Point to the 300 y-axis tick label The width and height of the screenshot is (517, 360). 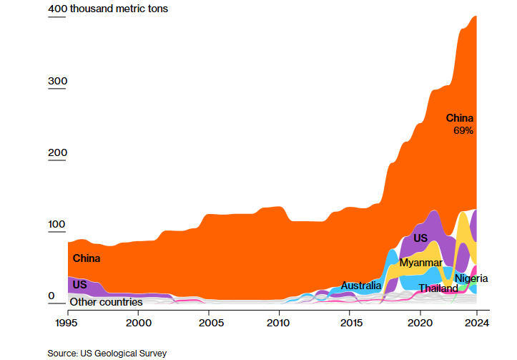pyautogui.click(x=57, y=82)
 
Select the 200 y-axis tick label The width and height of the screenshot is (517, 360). pyautogui.click(x=57, y=153)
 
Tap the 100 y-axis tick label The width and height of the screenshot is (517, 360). pyautogui.click(x=57, y=225)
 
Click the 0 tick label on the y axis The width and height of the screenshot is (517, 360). pyautogui.click(x=51, y=296)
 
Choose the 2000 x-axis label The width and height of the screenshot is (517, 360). pyautogui.click(x=138, y=323)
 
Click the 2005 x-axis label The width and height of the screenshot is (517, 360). pyautogui.click(x=209, y=323)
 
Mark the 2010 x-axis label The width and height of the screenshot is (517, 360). pyautogui.click(x=279, y=323)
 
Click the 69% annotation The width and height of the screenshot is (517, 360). pyautogui.click(x=463, y=131)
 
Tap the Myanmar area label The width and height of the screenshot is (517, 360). pyautogui.click(x=420, y=263)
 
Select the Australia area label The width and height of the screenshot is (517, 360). pyautogui.click(x=360, y=286)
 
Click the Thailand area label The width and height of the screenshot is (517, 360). pyautogui.click(x=438, y=288)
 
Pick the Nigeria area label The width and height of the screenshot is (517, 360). pyautogui.click(x=471, y=278)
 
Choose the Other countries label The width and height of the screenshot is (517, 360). pyautogui.click(x=106, y=302)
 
